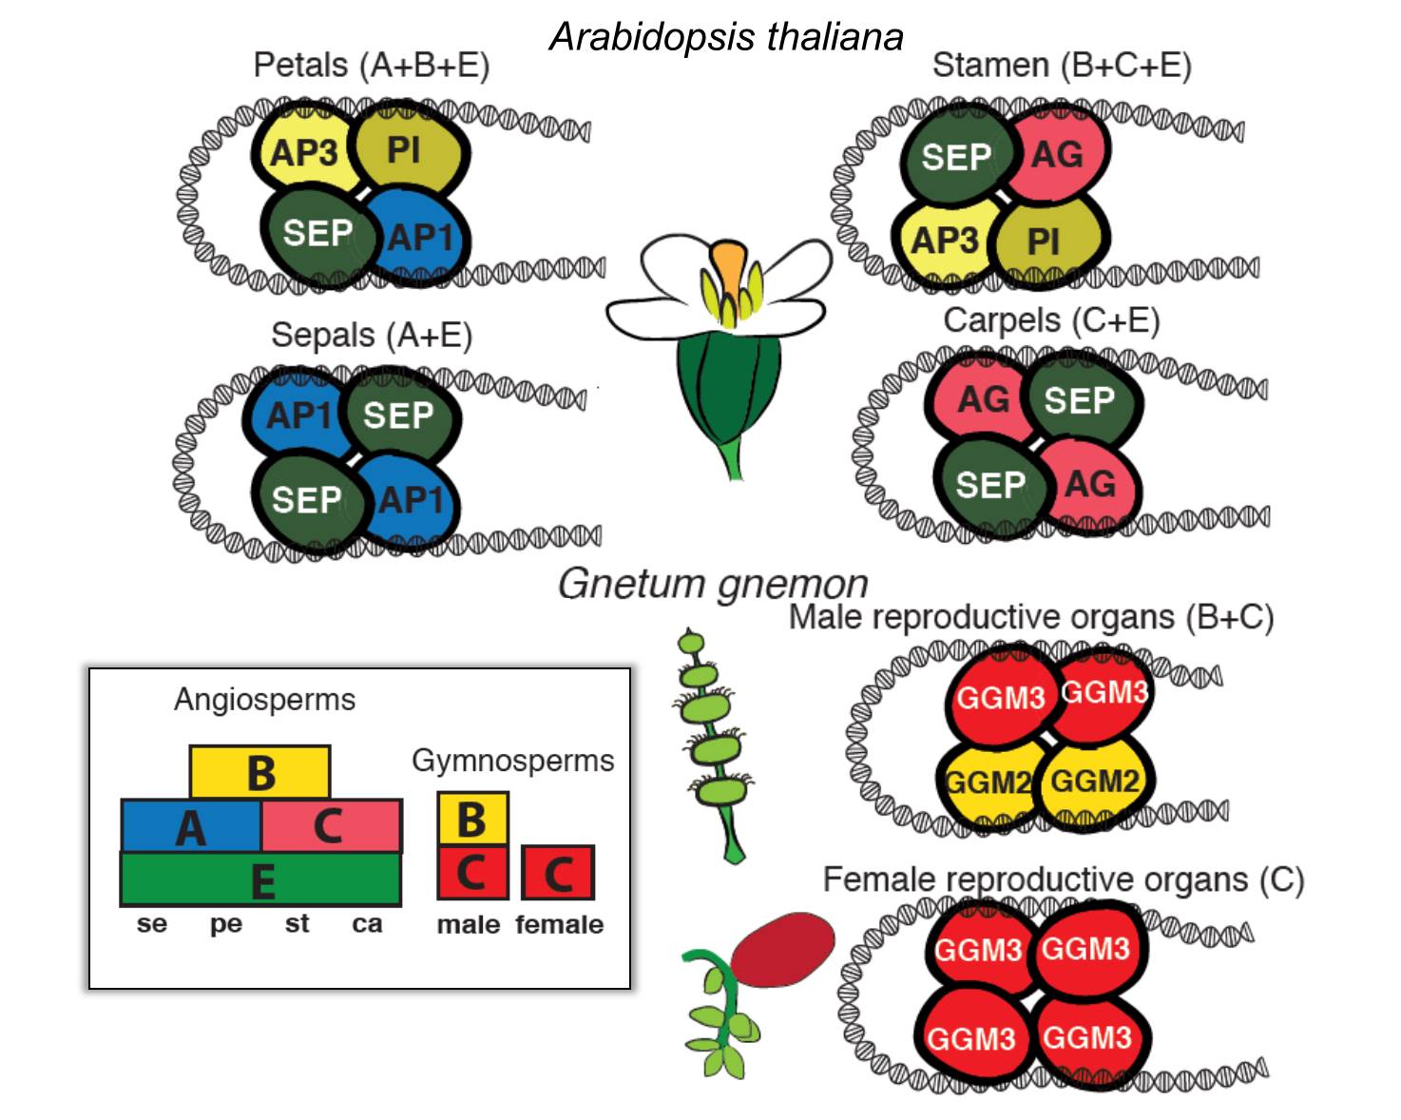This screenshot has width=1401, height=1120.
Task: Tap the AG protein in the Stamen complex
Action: [x=1057, y=154]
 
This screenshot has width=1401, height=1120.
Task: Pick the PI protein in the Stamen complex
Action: [x=1046, y=241]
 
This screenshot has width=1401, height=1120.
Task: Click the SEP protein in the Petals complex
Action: [x=316, y=233]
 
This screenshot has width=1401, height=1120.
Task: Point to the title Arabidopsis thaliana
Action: [x=726, y=37]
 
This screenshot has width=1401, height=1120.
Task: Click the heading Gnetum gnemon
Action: [x=713, y=583]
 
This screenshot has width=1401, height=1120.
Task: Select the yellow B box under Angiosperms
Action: [x=259, y=771]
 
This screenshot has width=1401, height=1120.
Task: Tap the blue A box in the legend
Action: [x=190, y=826]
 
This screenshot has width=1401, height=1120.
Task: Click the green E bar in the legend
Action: [x=260, y=879]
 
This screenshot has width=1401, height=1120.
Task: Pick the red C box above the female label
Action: [x=558, y=873]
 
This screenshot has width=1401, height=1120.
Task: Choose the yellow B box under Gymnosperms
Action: [x=472, y=819]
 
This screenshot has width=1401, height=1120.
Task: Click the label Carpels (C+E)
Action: [x=1051, y=320]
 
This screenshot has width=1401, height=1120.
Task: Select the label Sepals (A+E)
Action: [x=372, y=335]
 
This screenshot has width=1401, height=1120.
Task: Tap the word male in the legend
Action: [x=468, y=924]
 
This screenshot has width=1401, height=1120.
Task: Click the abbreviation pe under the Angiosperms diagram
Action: [x=226, y=923]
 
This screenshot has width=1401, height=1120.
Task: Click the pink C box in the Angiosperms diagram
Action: [x=330, y=826]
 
